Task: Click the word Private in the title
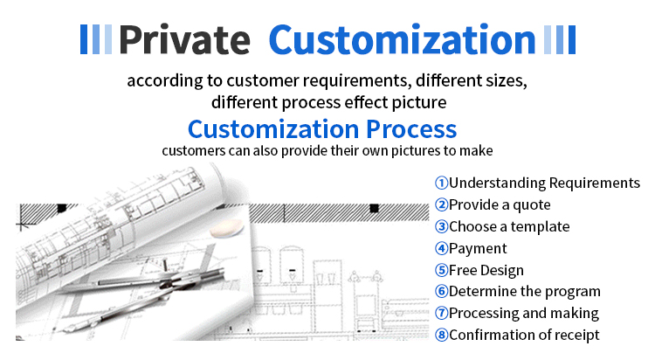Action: click(184, 40)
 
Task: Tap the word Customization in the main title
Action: click(403, 39)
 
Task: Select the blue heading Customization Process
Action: click(322, 128)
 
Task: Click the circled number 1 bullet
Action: click(441, 183)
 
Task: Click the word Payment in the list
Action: click(478, 248)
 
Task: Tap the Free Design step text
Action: click(486, 270)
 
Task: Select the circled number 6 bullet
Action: click(441, 292)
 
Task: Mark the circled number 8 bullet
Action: click(441, 335)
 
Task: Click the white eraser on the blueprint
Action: click(226, 228)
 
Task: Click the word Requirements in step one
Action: click(595, 183)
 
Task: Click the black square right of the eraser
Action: click(375, 208)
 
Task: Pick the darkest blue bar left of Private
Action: click(84, 39)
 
